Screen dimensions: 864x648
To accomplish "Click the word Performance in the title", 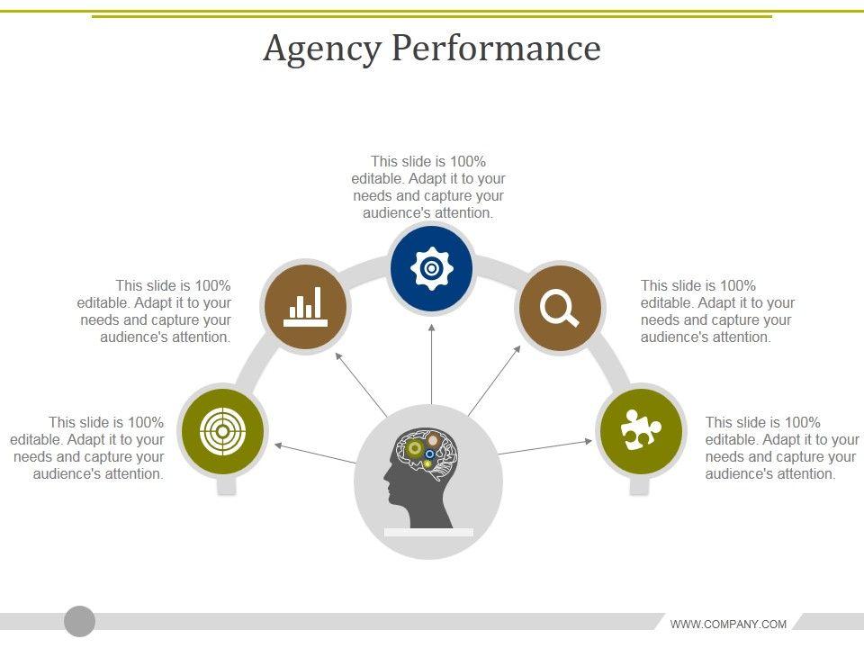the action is point(496,49).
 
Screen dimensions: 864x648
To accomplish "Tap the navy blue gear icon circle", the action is point(432,268).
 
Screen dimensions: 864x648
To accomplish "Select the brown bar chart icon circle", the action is point(304,307).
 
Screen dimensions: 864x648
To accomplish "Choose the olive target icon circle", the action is point(221,432).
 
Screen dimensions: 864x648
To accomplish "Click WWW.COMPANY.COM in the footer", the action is point(728,624).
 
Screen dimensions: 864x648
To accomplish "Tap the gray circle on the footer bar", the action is point(80,621).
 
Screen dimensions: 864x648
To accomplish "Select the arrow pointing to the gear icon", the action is point(432,360).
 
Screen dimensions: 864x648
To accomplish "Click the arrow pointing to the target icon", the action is point(315,453).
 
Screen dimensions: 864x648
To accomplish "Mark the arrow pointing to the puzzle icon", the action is point(544,446).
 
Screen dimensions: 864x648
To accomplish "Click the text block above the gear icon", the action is point(428,187).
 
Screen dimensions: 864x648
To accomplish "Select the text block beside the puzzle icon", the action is point(781,448).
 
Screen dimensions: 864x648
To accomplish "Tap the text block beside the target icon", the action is point(88,448).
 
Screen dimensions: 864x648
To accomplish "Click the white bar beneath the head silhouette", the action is point(428,533).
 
